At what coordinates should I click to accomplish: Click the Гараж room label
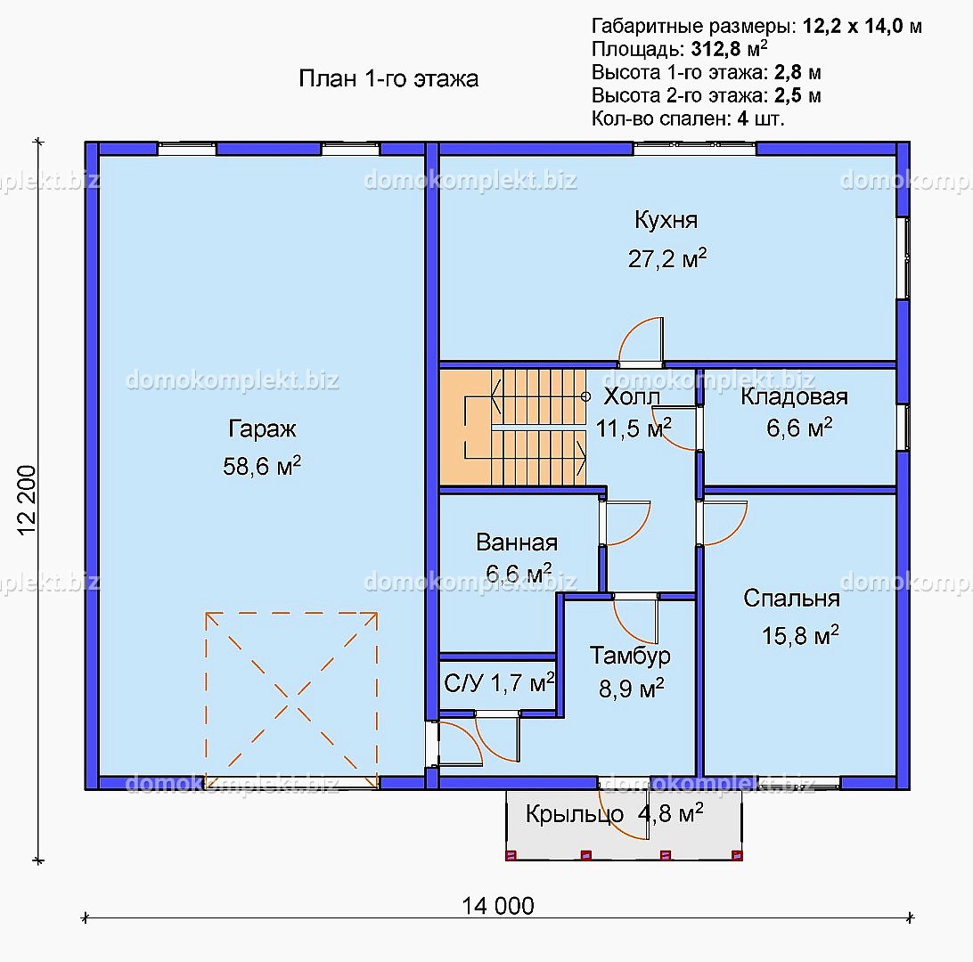262,428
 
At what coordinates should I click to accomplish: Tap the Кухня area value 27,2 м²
667,258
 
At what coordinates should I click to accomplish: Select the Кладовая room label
794,396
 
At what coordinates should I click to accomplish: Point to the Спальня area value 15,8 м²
800,635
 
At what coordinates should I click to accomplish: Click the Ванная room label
517,542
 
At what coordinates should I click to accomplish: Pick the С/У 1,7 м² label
500,683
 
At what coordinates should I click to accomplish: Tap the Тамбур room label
630,656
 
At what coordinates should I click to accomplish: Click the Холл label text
632,396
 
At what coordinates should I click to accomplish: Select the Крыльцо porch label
575,814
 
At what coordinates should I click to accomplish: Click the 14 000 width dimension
498,906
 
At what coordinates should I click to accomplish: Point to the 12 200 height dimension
28,500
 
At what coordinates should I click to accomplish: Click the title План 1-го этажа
388,78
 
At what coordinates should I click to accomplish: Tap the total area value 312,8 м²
729,48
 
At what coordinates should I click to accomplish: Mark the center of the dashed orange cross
291,700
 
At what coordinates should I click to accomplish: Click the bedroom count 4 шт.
761,118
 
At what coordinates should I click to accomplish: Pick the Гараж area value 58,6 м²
262,466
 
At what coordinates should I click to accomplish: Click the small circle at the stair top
585,396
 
